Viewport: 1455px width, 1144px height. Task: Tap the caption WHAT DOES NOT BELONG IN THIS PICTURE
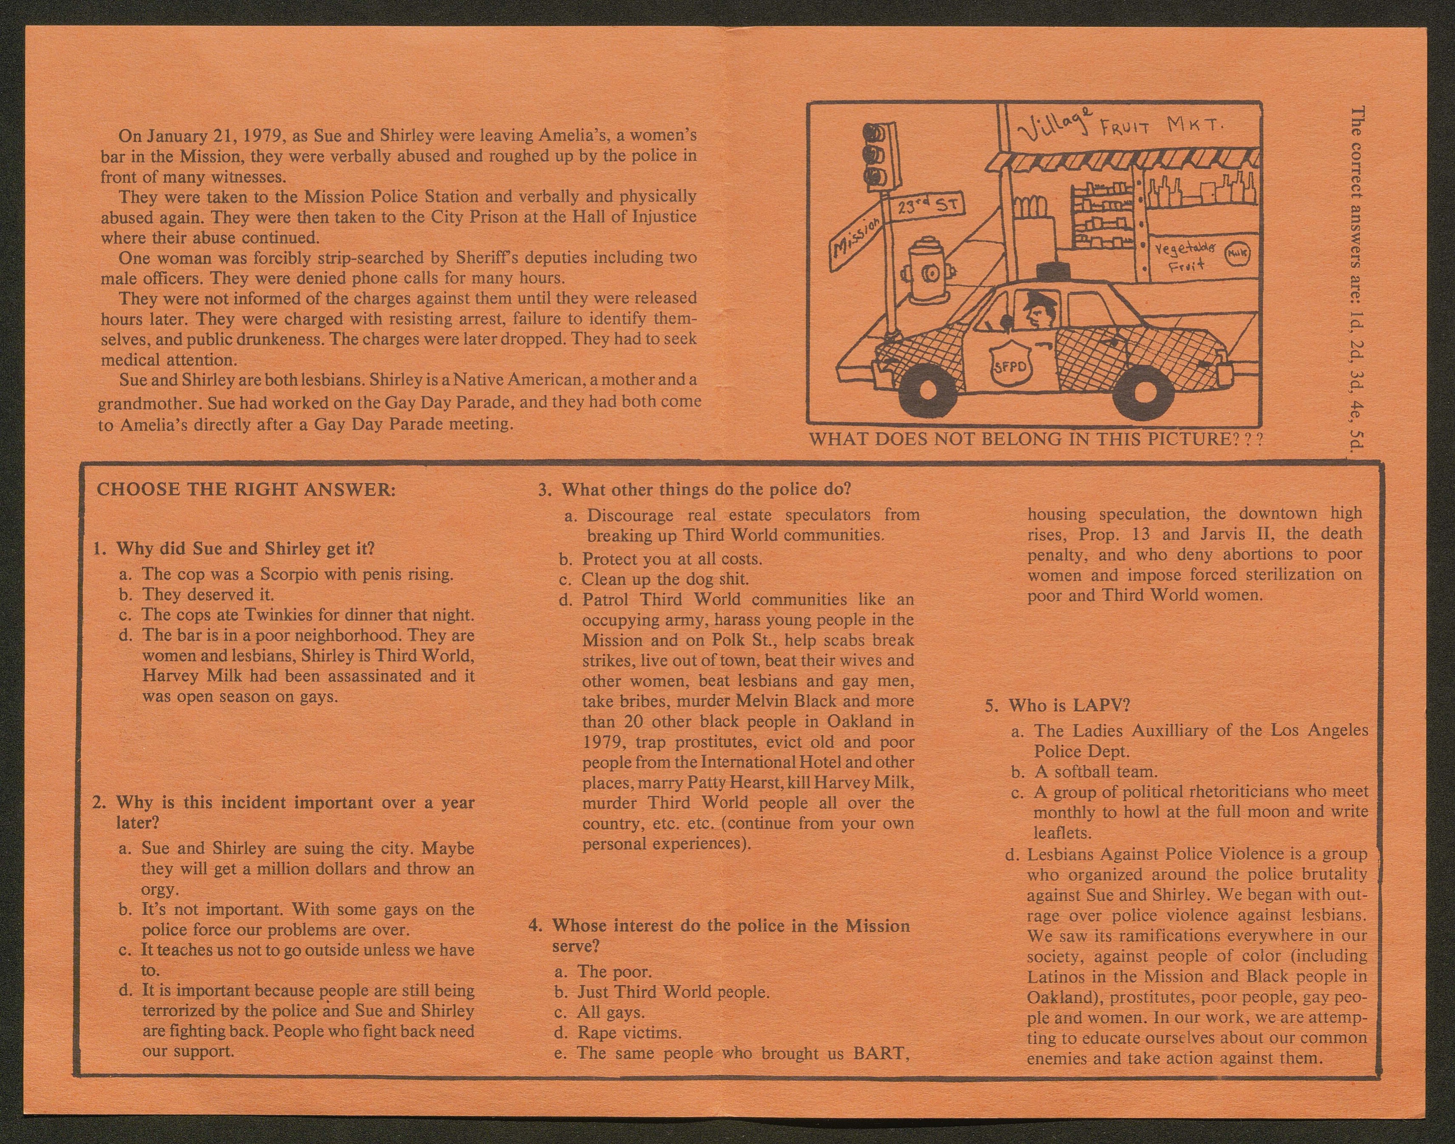click(x=1036, y=439)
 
